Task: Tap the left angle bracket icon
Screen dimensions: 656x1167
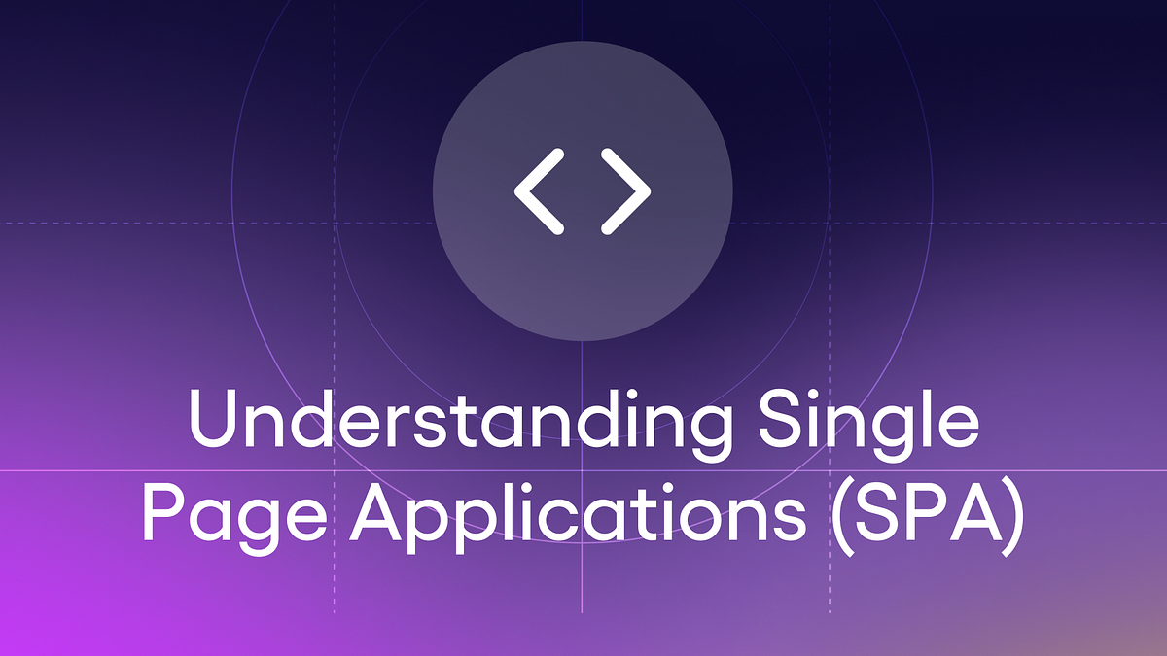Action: click(x=540, y=192)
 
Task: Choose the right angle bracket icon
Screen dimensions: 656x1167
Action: click(x=625, y=192)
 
